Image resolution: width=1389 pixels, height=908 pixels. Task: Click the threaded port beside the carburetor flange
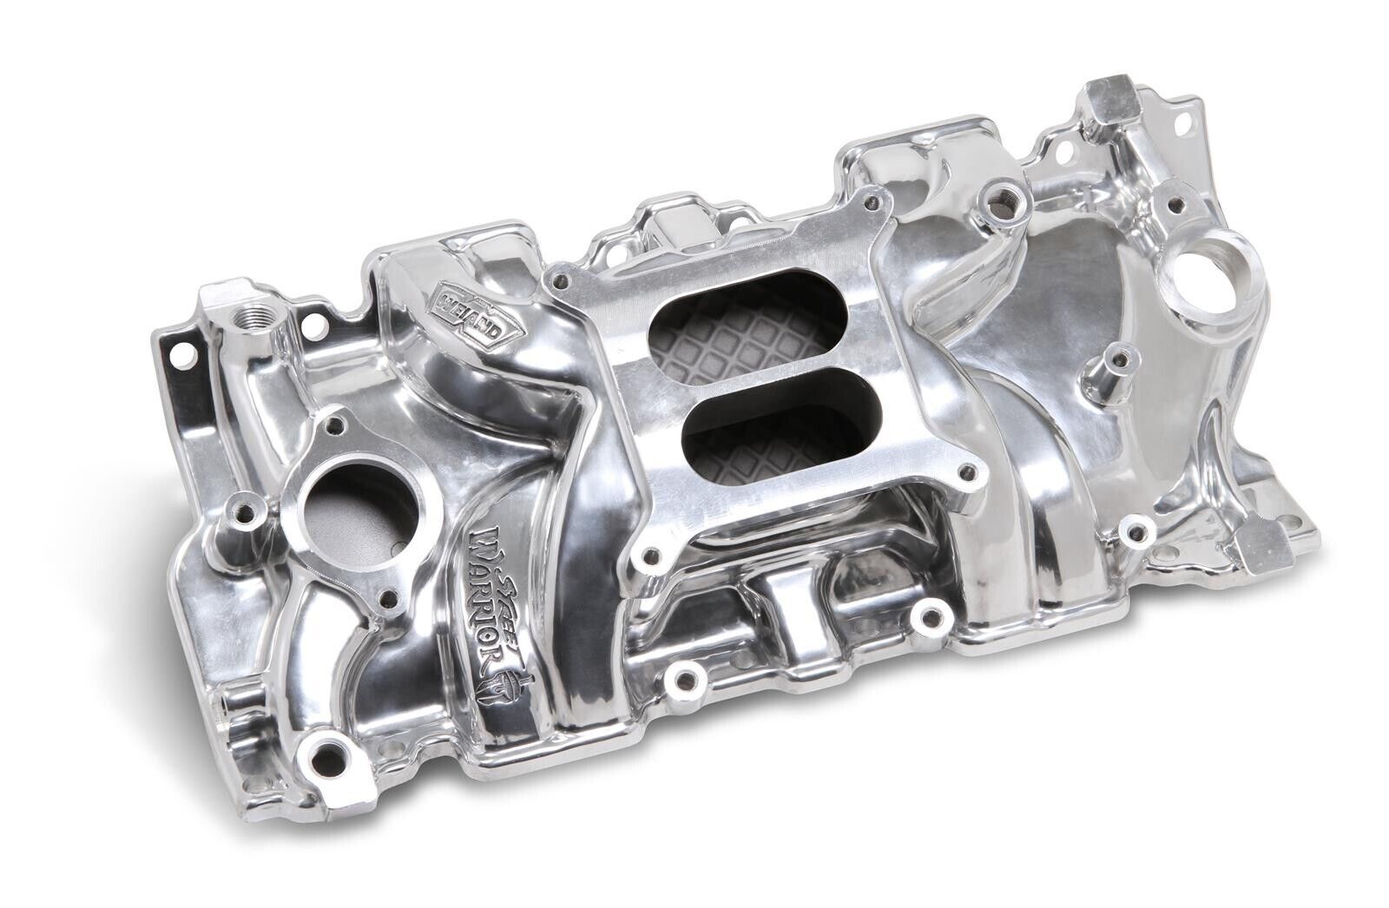[x=1007, y=189]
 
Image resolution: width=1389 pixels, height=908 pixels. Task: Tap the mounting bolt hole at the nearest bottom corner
[x=326, y=740]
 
